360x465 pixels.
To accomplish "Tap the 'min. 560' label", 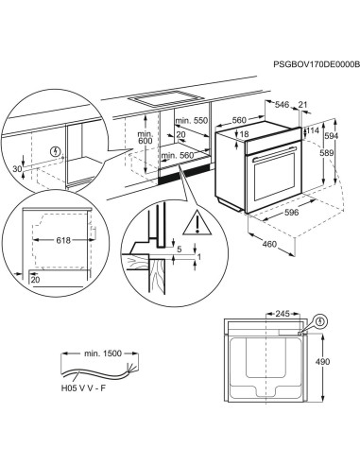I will (191, 155).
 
